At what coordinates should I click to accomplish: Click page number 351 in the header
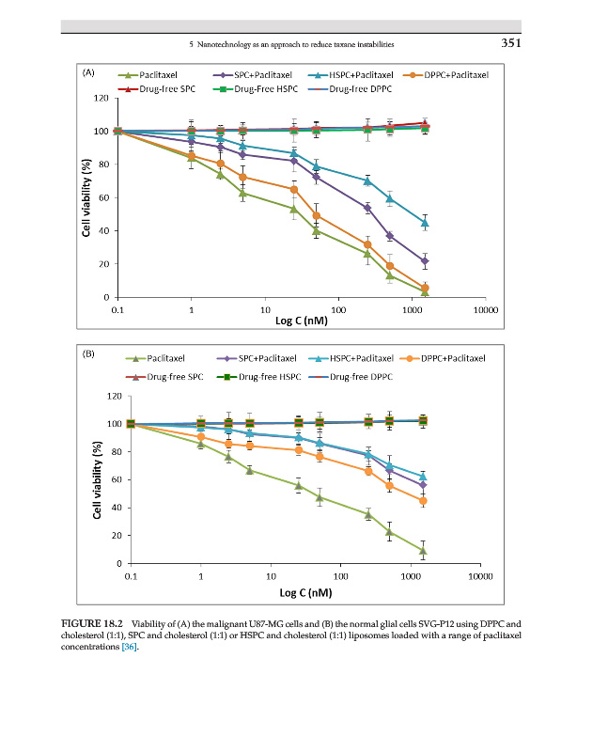(x=508, y=42)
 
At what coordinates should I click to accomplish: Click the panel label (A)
(x=88, y=71)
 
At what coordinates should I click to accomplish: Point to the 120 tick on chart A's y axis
(x=98, y=98)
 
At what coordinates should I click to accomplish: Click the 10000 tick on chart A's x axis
(x=486, y=308)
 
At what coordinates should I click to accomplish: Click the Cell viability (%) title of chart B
(x=97, y=479)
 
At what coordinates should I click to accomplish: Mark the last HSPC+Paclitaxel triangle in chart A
(x=425, y=224)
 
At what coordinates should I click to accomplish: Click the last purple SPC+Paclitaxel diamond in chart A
(x=425, y=260)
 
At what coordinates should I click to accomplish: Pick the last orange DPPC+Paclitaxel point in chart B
(x=424, y=501)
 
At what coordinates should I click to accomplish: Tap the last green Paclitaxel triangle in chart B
(x=424, y=551)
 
